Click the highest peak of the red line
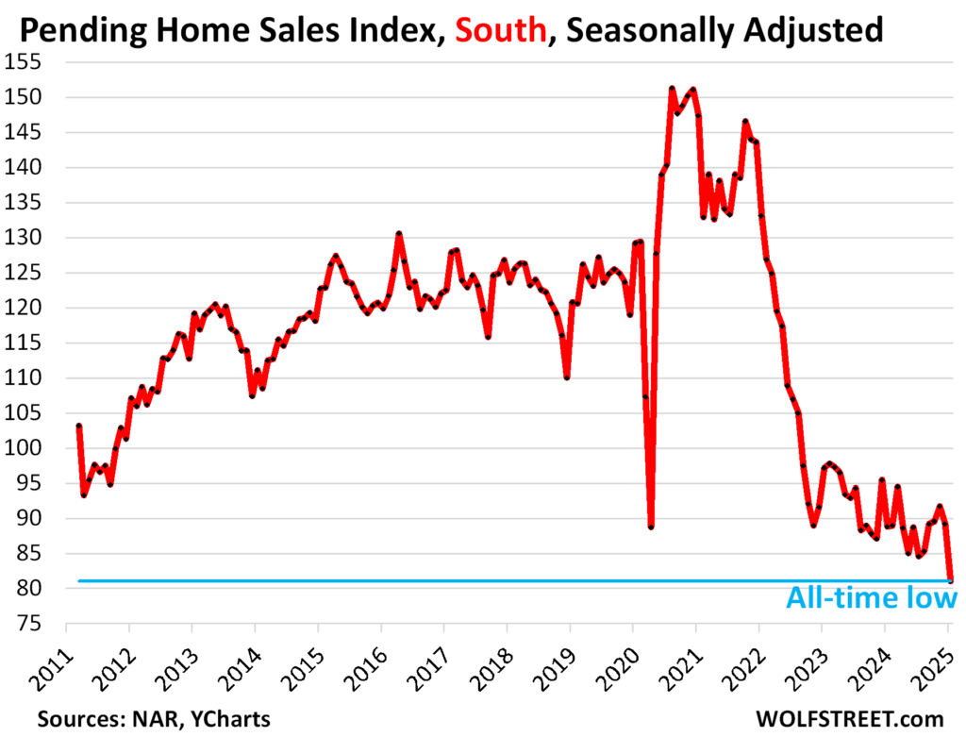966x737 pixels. (672, 89)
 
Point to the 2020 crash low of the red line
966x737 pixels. (651, 527)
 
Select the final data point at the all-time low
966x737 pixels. (951, 579)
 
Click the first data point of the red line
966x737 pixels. (78, 426)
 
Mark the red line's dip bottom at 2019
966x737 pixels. (567, 377)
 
